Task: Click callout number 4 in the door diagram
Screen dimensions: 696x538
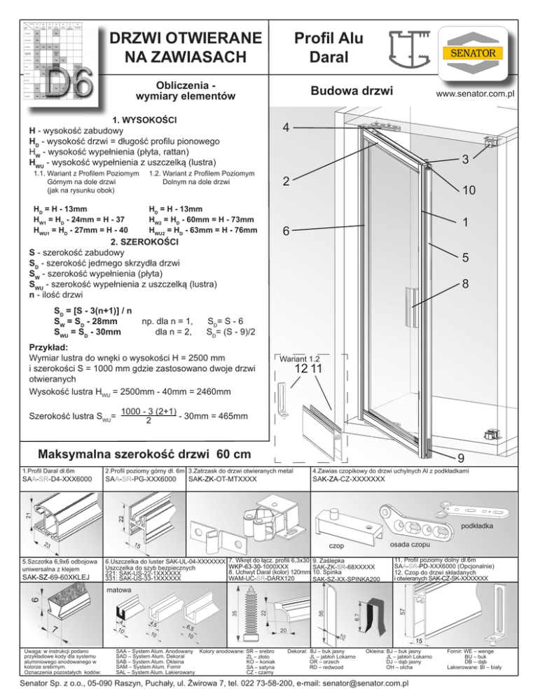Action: (288, 128)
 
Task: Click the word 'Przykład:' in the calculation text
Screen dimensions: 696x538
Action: (48, 347)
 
